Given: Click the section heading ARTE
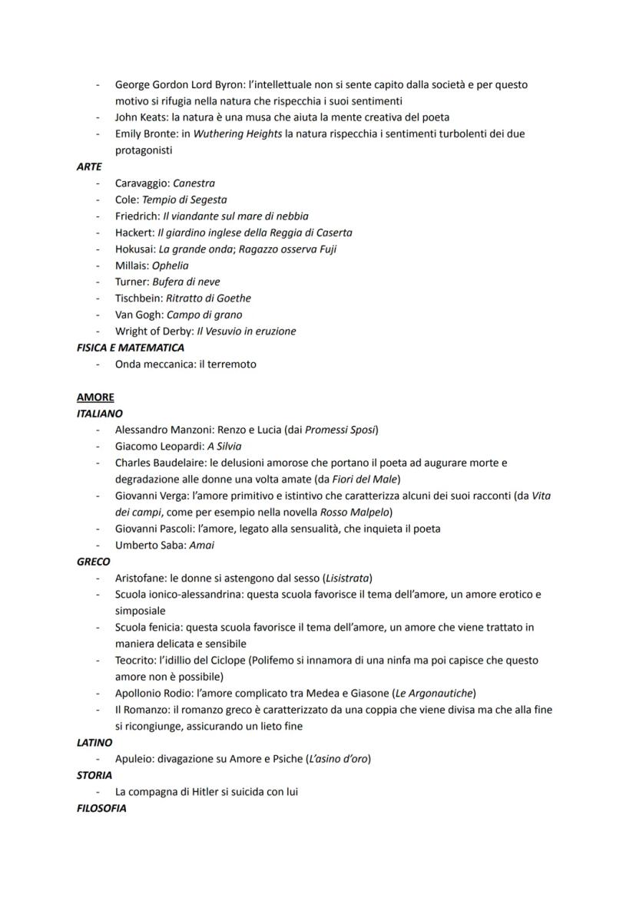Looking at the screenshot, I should pyautogui.click(x=89, y=167).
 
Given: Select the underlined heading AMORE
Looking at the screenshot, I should pyautogui.click(x=95, y=397).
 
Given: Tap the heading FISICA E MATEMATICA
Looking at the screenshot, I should pyautogui.click(x=131, y=348).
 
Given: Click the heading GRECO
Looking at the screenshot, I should pyautogui.click(x=93, y=562).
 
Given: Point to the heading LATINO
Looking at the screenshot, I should pyautogui.click(x=94, y=743).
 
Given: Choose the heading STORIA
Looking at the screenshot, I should pyautogui.click(x=94, y=775).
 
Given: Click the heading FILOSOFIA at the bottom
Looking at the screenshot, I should pyautogui.click(x=101, y=808).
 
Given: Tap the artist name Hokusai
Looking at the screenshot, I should pyautogui.click(x=135, y=249).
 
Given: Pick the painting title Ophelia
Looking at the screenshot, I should pyautogui.click(x=170, y=265).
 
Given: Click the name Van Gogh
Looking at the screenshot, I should pyautogui.click(x=138, y=315).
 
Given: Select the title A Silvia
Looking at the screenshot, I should pyautogui.click(x=224, y=446).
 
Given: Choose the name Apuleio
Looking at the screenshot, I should pyautogui.click(x=134, y=759).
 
